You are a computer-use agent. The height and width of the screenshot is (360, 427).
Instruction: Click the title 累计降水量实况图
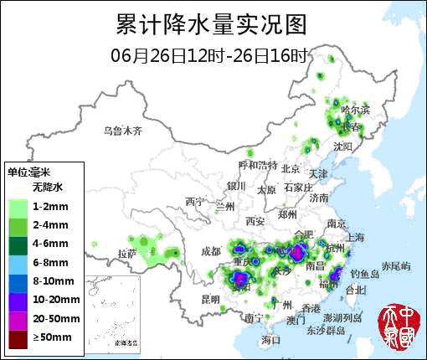tap(211, 23)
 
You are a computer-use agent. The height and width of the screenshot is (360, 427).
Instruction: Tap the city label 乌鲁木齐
tap(123, 131)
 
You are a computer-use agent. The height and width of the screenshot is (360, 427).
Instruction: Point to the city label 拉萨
tap(127, 253)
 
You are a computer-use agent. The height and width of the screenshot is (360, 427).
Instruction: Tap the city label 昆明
tap(210, 299)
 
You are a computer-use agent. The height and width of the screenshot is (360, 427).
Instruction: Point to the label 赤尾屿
tap(396, 265)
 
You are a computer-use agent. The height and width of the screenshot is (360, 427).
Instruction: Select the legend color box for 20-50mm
tap(18, 318)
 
